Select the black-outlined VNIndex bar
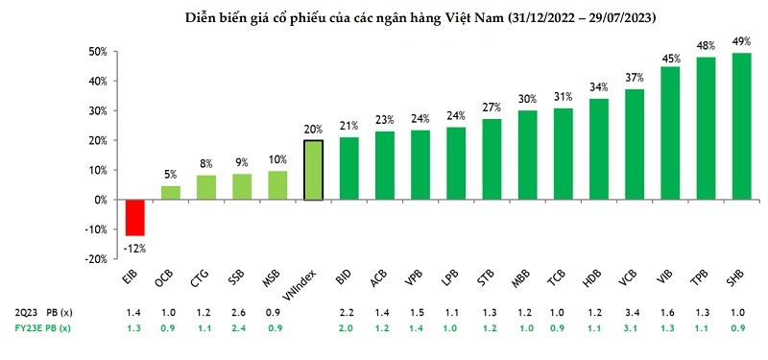(x=312, y=170)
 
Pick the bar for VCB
(x=635, y=144)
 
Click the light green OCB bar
(x=170, y=192)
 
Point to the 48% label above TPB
(x=706, y=45)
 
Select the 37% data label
(x=635, y=78)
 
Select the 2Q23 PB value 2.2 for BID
(x=348, y=313)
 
